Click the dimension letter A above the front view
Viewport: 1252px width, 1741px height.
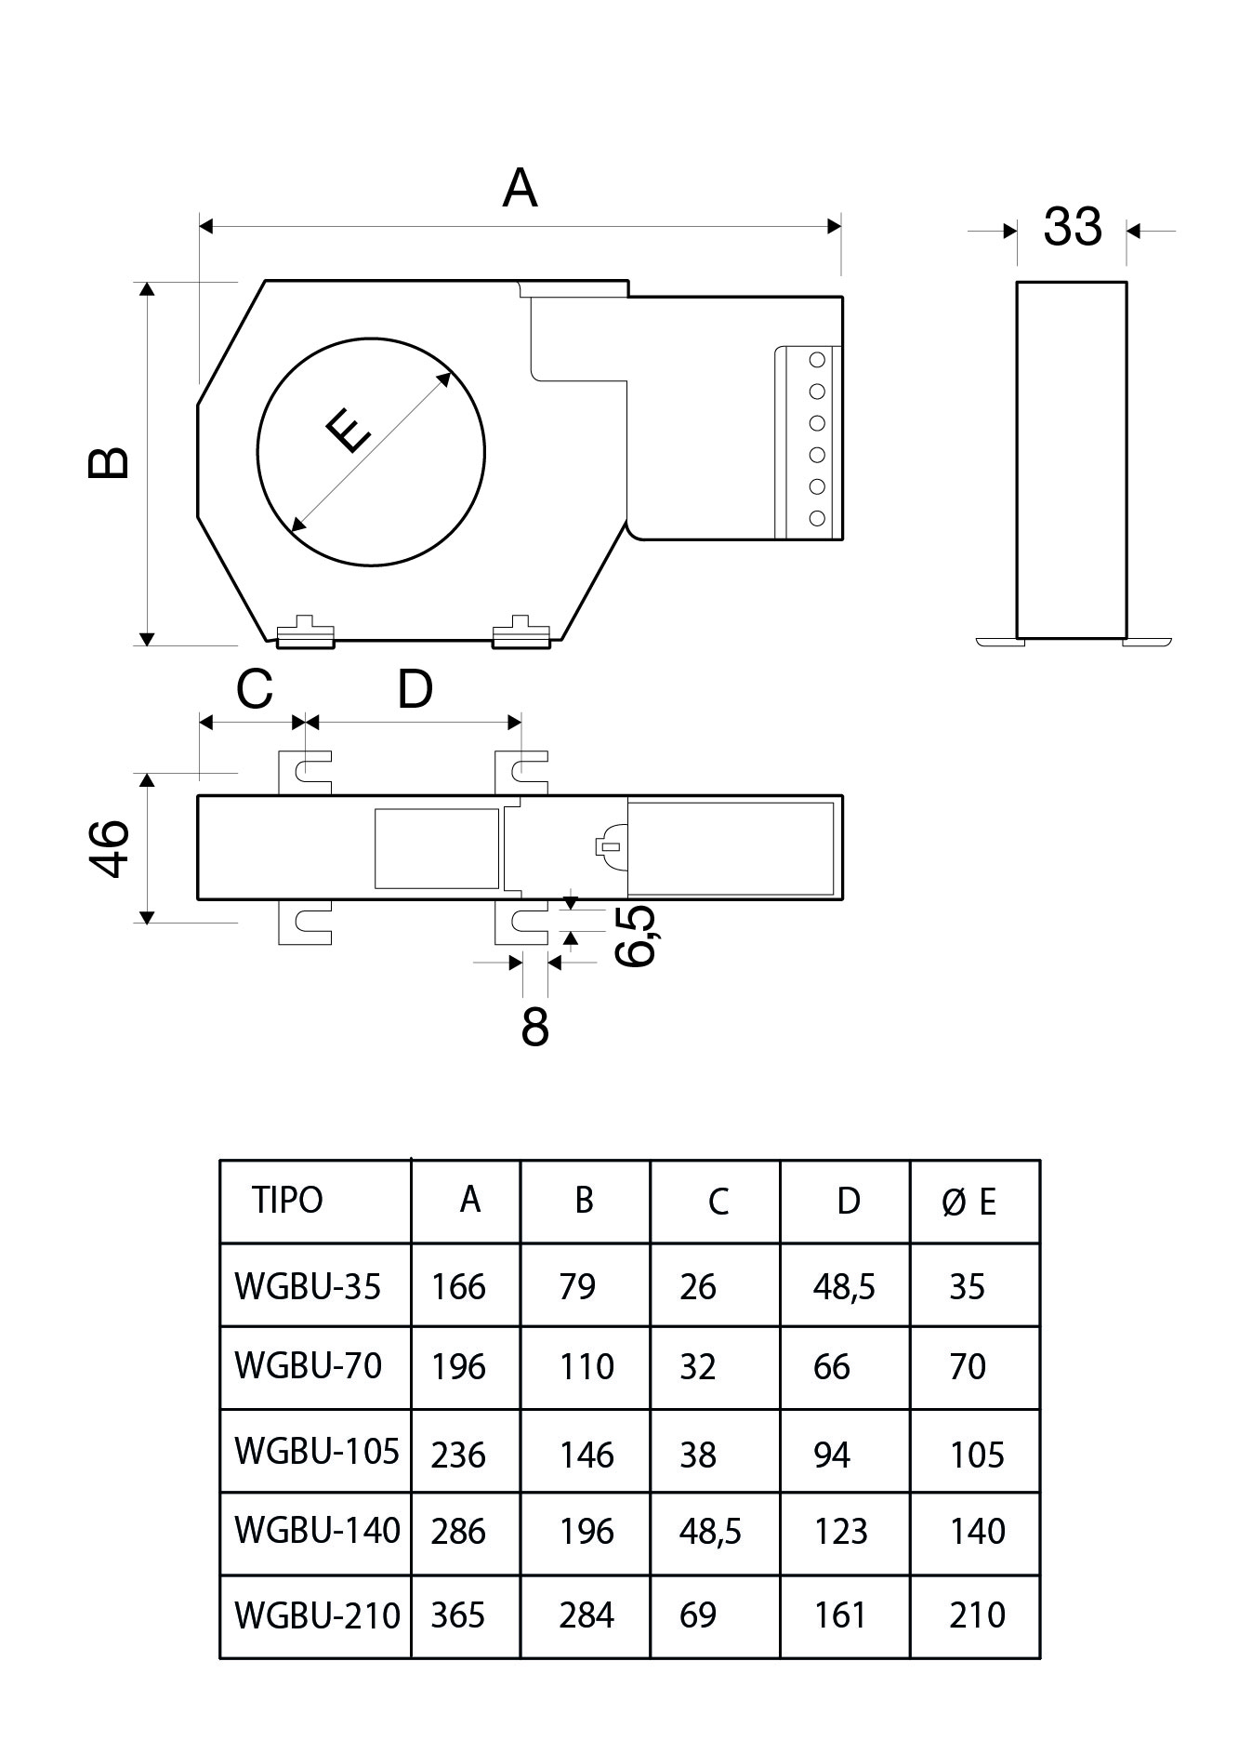(x=520, y=189)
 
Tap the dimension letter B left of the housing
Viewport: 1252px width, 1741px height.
(x=110, y=462)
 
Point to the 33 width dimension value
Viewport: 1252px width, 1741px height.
(x=1072, y=226)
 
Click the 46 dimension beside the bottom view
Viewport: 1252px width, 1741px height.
(x=110, y=847)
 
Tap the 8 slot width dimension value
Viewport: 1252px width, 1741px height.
(x=534, y=1028)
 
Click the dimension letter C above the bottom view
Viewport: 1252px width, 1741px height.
(x=254, y=690)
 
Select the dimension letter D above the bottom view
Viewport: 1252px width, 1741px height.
(x=415, y=690)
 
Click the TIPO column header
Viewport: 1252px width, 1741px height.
(x=287, y=1201)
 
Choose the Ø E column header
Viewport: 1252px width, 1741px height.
(x=969, y=1203)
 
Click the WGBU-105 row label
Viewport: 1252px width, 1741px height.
(x=317, y=1451)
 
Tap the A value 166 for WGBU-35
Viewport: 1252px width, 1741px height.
(x=458, y=1287)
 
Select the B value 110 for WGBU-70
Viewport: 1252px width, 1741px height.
(x=586, y=1367)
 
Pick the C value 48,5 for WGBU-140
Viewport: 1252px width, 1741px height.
(x=710, y=1532)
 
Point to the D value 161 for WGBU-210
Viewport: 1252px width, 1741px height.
(x=840, y=1615)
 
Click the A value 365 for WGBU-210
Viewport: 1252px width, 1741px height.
(x=458, y=1615)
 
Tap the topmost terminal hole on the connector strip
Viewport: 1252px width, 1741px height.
(x=818, y=360)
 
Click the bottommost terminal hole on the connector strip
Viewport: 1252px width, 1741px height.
(x=818, y=518)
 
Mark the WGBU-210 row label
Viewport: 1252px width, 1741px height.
(x=317, y=1615)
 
